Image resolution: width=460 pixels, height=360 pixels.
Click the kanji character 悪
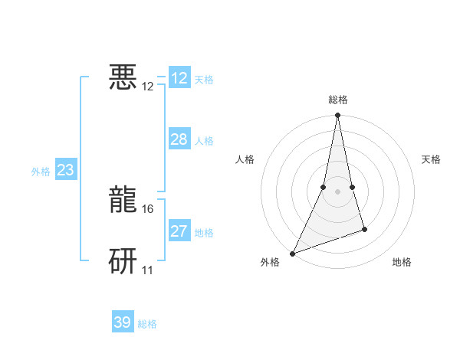123,77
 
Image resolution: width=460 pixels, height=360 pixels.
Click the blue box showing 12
179,78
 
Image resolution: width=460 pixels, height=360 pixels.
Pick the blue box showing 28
179,139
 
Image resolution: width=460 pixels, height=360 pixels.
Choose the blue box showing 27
179,231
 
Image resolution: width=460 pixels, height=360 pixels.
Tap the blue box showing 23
66,170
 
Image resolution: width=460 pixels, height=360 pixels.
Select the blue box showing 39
123,322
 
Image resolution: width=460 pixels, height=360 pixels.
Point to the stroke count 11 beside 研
148,270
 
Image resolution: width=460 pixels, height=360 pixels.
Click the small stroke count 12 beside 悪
148,86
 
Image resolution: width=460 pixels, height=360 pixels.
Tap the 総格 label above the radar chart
338,100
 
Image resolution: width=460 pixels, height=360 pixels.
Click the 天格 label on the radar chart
431,159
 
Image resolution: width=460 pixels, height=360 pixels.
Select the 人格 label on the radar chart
245,159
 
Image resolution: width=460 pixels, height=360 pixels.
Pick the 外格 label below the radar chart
270,262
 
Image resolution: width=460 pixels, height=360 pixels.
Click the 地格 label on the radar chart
402,262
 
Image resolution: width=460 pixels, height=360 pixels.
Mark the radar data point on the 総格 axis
338,116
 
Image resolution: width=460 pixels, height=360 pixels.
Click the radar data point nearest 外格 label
293,253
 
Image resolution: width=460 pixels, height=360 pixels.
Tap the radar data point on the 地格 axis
365,229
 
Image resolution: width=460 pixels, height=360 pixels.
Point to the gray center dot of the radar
338,191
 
